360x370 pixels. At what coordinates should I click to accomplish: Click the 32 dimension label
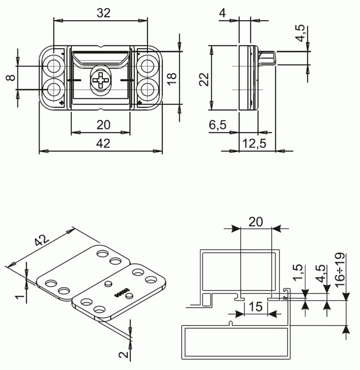pos(104,13)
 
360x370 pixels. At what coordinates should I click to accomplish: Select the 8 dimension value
pos(11,78)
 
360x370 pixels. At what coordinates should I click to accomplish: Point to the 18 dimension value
pos(172,79)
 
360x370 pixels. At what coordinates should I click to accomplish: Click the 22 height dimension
pos(204,79)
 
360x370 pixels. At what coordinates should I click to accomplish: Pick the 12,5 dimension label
pos(254,143)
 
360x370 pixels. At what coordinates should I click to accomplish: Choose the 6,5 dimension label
pos(217,125)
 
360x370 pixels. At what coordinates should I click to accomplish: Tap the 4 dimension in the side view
pos(222,13)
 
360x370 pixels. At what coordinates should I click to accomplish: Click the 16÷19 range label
pos(340,269)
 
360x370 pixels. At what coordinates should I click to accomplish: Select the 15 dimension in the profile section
pos(255,307)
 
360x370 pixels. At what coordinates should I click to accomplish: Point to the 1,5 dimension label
pos(298,272)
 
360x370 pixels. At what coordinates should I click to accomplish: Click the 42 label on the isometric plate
pos(42,240)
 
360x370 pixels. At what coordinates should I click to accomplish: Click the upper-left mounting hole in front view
pos(54,66)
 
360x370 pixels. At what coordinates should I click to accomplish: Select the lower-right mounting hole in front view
pos(147,90)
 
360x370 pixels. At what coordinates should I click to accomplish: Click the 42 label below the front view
pos(103,143)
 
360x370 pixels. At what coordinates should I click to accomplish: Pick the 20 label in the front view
pos(104,125)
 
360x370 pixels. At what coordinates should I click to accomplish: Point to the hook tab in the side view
pos(267,58)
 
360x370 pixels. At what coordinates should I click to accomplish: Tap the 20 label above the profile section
pos(255,222)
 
